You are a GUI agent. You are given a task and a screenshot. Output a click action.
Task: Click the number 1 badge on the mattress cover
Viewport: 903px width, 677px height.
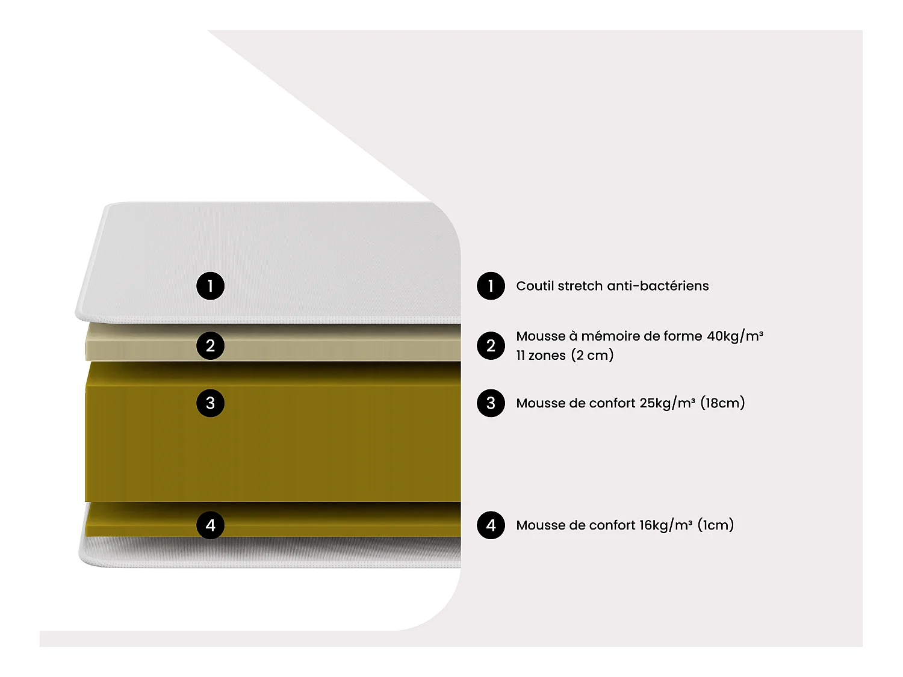click(x=210, y=286)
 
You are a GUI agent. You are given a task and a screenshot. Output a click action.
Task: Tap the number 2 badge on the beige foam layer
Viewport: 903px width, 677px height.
click(x=210, y=345)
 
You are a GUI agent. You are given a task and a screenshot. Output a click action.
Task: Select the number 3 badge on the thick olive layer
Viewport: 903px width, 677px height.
click(x=210, y=403)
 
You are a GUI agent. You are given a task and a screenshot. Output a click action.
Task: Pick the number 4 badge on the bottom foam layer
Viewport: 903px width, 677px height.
click(x=210, y=525)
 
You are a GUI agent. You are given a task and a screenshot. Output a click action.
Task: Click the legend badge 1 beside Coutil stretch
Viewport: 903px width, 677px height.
click(x=491, y=286)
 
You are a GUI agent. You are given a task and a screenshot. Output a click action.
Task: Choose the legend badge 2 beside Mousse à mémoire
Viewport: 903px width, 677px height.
click(x=491, y=345)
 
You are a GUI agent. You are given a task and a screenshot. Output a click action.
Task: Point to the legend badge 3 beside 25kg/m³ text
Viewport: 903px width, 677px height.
click(x=491, y=403)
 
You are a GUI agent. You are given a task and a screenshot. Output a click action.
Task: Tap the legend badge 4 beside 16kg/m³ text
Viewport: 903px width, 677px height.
click(x=491, y=525)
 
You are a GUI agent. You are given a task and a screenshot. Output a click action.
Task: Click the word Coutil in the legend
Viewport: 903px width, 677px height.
click(x=535, y=286)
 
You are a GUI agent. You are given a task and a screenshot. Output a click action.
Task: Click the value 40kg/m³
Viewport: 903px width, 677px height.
click(x=734, y=336)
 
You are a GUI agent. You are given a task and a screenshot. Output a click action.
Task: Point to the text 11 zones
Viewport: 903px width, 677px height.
click(x=541, y=355)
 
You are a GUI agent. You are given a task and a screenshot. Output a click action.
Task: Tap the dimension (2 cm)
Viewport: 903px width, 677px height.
click(x=592, y=355)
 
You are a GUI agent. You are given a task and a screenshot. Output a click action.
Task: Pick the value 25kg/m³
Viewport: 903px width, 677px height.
click(x=667, y=403)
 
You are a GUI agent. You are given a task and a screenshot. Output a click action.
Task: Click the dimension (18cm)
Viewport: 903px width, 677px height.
click(x=722, y=403)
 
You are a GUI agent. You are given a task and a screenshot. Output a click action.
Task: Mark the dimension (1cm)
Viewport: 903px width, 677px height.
click(x=716, y=525)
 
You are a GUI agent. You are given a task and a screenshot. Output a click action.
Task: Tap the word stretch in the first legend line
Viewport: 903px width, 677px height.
click(x=580, y=286)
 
